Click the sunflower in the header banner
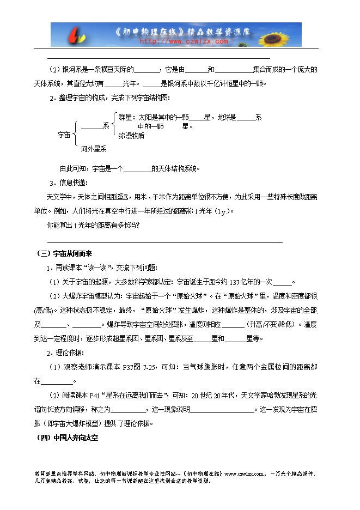coord(286,34)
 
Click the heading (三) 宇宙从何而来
coord(63,253)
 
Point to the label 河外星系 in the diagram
coord(94,148)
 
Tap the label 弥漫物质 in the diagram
coord(131,135)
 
